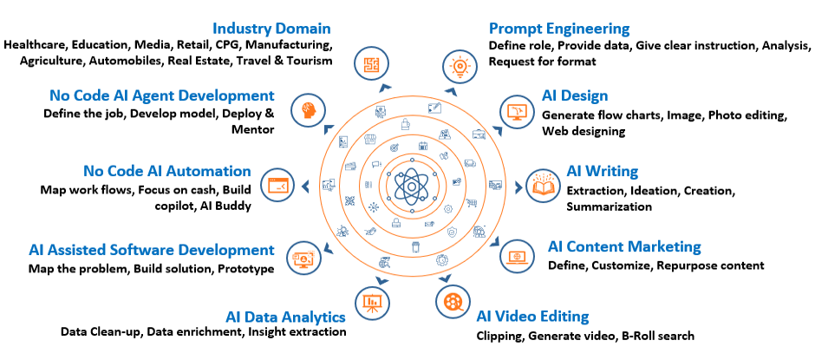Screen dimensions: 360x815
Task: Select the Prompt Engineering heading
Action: [559, 28]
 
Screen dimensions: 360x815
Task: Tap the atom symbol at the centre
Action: [410, 185]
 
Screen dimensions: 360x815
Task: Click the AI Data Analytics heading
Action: [286, 316]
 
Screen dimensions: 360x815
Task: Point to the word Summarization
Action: [609, 206]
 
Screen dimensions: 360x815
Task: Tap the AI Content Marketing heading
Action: [624, 247]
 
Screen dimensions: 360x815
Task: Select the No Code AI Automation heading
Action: [167, 171]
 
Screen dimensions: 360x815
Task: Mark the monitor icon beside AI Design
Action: [517, 111]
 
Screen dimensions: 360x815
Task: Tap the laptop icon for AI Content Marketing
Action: [518, 256]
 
